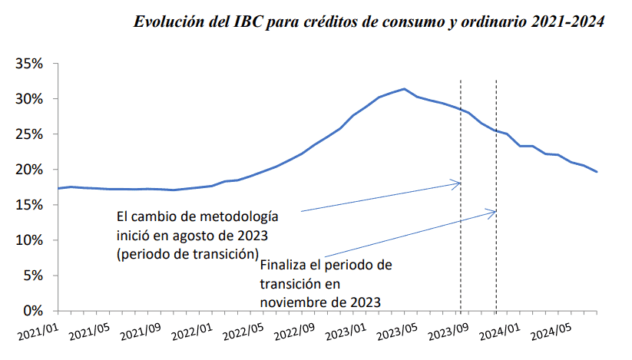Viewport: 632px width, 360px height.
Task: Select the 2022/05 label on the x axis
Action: tap(243, 333)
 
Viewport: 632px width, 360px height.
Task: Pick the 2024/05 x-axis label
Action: tap(551, 333)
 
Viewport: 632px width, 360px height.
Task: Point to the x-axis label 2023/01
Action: tap(346, 333)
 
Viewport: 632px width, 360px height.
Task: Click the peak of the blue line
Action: tap(405, 89)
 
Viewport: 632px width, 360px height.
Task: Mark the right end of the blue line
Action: tap(597, 172)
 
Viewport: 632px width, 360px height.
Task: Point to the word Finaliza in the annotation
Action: tap(284, 266)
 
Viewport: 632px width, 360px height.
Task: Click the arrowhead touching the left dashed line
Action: tap(458, 183)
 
